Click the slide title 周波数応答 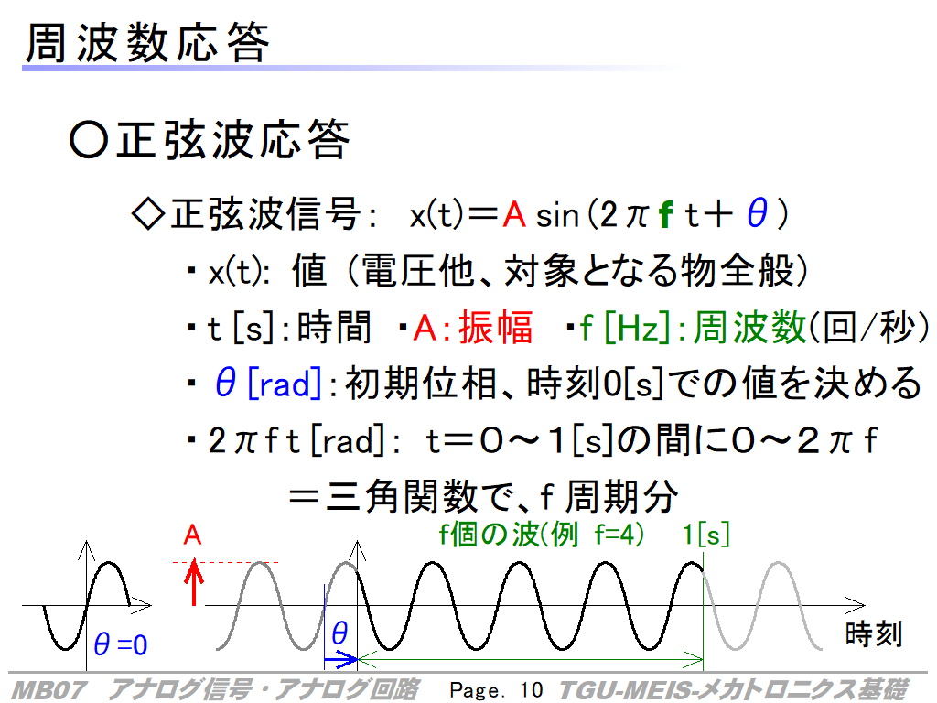pos(147,43)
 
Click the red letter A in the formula pos(514,214)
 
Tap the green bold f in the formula pos(666,214)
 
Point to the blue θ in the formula pos(757,213)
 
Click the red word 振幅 pos(495,328)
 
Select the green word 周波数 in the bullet pos(749,328)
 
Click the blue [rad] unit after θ pos(285,384)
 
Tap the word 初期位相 pos(421,384)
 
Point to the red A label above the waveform pos(192,535)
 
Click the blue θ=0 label pos(121,645)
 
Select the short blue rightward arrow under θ pos(340,660)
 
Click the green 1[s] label pos(706,534)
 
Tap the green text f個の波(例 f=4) pos(542,534)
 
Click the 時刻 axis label pos(873,634)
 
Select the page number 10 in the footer pos(532,690)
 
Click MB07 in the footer pos(49,690)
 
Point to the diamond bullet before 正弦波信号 pos(147,214)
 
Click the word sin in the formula pos(557,216)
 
